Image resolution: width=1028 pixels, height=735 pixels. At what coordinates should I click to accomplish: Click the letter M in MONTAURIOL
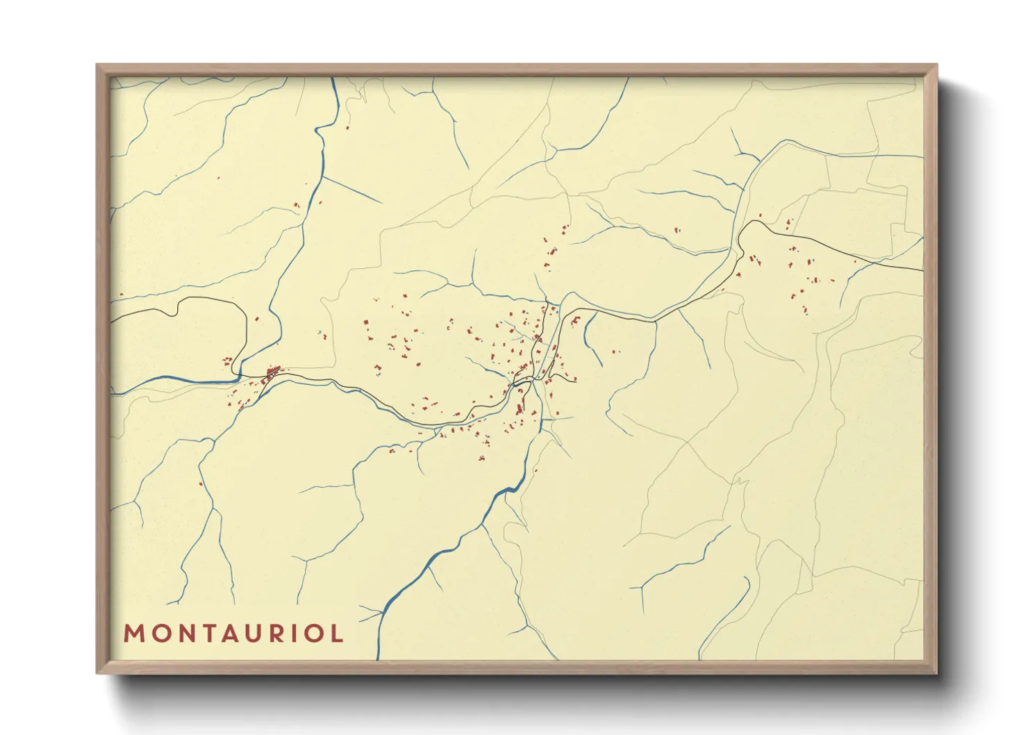click(x=134, y=634)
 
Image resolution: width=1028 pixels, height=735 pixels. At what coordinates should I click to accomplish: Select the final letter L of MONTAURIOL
click(x=338, y=634)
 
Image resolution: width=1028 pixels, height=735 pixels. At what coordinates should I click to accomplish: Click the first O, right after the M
click(x=158, y=634)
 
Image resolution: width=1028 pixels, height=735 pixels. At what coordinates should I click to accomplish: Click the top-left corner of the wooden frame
click(x=97, y=65)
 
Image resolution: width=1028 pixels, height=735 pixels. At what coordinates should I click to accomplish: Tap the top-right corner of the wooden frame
click(x=936, y=65)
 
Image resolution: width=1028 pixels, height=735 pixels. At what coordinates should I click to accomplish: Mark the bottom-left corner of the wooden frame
click(x=97, y=672)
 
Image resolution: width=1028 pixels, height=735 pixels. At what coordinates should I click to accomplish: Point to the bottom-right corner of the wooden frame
click(x=936, y=672)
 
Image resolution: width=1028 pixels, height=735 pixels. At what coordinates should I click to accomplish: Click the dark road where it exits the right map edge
click(x=921, y=270)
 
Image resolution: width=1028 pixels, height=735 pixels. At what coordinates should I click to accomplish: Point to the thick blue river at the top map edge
click(x=333, y=80)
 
